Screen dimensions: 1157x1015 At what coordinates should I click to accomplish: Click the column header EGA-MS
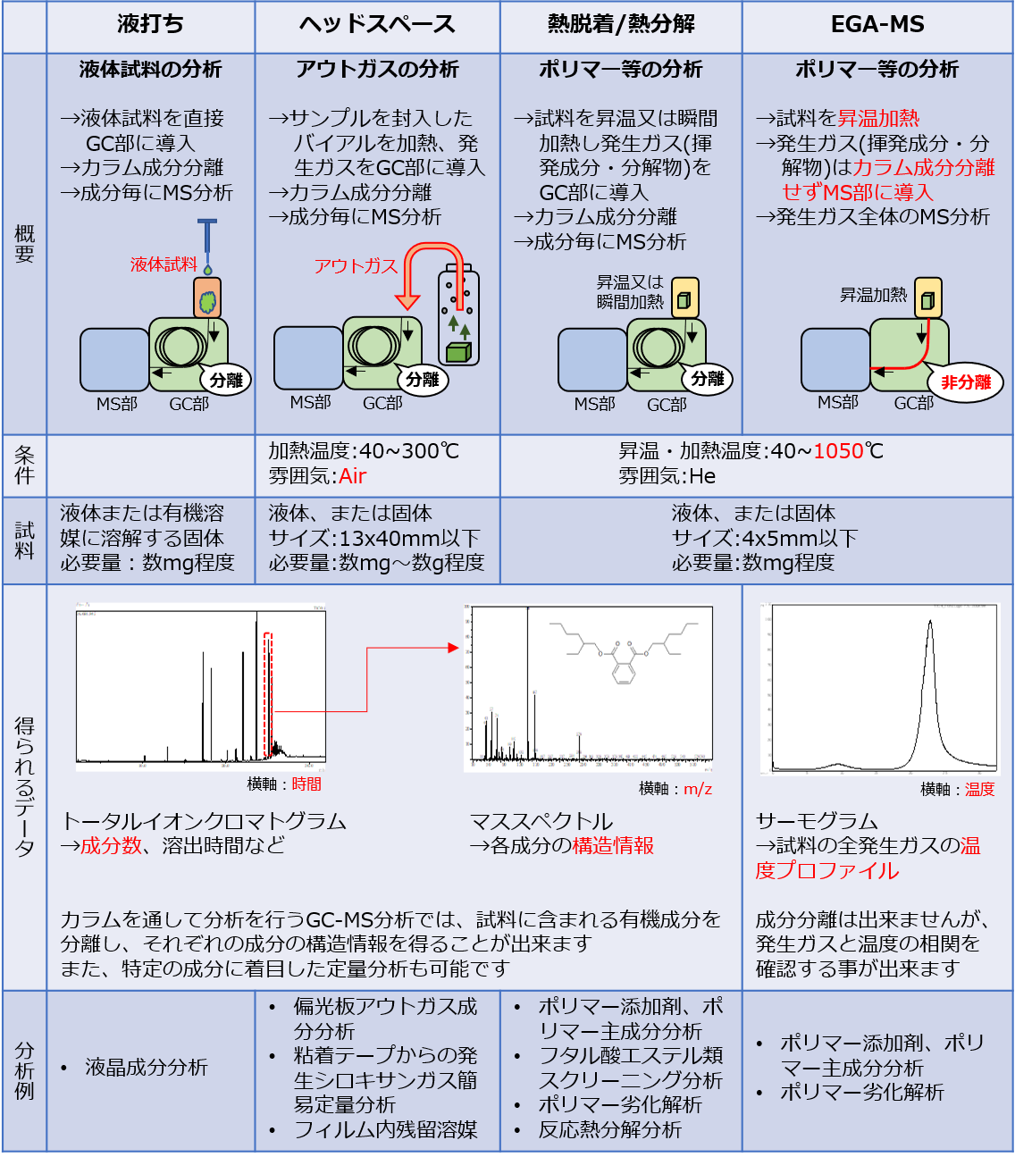(877, 25)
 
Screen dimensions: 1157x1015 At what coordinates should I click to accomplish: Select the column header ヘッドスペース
(377, 25)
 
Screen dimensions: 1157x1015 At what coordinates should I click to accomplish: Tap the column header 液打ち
(150, 25)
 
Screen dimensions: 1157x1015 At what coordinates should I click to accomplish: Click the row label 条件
(24, 465)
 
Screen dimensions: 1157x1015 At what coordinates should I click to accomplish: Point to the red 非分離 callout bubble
(966, 382)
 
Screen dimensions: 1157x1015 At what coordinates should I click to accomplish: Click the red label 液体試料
(164, 264)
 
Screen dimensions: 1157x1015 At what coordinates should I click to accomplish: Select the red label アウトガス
(355, 265)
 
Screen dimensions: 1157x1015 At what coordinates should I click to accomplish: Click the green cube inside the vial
(457, 352)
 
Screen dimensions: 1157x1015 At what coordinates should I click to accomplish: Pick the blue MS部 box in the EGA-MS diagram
(835, 360)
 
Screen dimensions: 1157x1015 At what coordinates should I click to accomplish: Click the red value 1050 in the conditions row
(838, 451)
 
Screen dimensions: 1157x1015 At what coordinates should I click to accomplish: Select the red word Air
(353, 476)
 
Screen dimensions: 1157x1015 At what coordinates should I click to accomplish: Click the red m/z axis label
(698, 789)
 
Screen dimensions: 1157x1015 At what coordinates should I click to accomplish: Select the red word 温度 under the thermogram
(979, 790)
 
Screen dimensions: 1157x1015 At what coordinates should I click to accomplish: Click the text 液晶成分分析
(146, 1068)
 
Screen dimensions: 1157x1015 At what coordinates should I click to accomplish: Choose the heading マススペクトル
(541, 821)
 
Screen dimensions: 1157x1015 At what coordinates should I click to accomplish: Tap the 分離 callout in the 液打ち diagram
(226, 380)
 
